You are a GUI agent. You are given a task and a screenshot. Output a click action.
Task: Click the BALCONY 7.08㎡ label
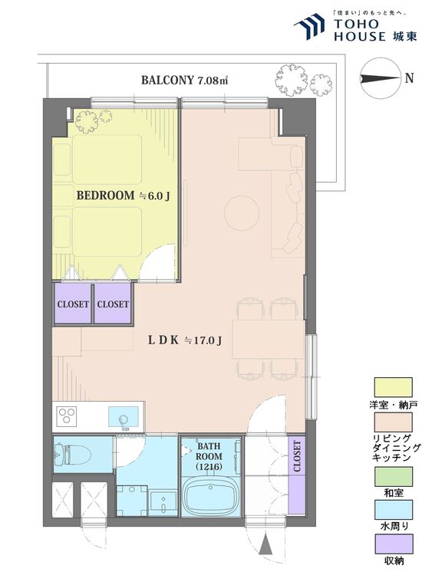[185, 80]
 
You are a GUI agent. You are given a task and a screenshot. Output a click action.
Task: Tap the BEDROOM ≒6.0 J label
[123, 195]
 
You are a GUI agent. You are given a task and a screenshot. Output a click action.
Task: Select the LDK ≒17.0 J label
[185, 340]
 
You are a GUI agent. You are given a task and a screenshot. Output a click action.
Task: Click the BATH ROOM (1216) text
[209, 457]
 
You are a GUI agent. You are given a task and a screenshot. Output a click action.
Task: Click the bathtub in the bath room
[211, 495]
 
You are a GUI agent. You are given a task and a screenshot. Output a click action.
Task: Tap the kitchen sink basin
[124, 417]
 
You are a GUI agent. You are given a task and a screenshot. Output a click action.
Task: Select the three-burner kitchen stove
[67, 416]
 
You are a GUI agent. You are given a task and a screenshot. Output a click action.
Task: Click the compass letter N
[409, 78]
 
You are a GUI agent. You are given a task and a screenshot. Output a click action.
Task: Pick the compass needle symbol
[380, 78]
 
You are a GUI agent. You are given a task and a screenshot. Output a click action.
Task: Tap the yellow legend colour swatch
[393, 387]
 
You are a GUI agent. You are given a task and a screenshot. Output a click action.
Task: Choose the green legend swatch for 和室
[393, 476]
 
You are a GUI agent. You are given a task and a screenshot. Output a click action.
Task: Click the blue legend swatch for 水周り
[393, 510]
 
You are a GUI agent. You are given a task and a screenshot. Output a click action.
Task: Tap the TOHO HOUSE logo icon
[309, 25]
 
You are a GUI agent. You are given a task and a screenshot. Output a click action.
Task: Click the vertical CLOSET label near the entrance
[297, 456]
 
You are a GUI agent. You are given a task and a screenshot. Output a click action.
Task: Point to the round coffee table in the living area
[242, 213]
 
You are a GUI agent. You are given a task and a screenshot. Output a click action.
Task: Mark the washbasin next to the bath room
[163, 502]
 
